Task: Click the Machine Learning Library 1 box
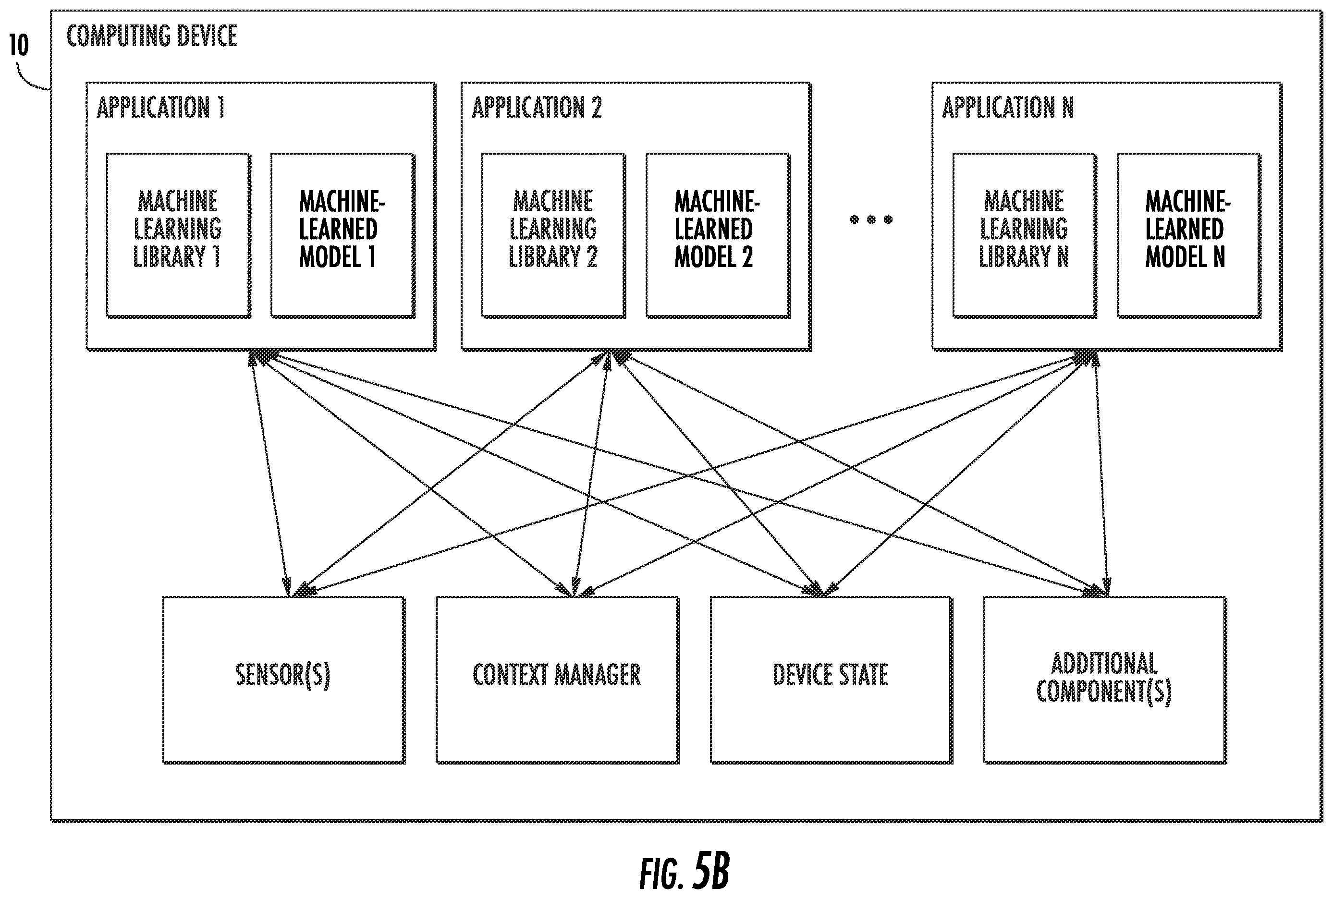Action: click(178, 235)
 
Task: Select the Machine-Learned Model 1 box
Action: click(343, 235)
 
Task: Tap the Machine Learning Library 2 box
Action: click(553, 235)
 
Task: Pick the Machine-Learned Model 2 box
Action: click(718, 235)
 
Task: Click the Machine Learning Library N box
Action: click(1025, 235)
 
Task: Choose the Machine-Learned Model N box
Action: click(1189, 235)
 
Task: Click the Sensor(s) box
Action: click(284, 680)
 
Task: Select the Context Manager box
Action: click(557, 680)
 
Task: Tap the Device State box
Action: click(832, 680)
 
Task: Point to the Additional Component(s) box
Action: click(1105, 680)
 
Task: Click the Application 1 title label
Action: click(160, 107)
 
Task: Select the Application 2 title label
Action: click(537, 107)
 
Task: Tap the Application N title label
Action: click(1007, 107)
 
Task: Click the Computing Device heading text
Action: click(152, 36)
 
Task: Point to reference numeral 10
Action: click(19, 45)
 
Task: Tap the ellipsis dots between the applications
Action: click(871, 219)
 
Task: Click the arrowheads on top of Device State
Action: click(821, 589)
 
